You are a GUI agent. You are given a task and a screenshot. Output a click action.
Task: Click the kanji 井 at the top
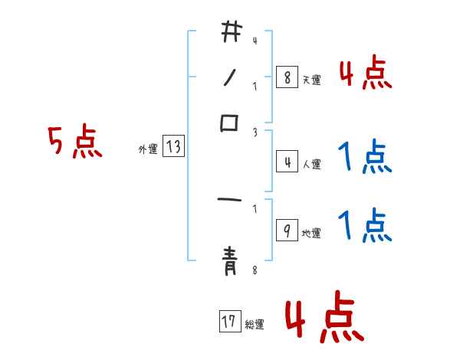pyautogui.click(x=231, y=32)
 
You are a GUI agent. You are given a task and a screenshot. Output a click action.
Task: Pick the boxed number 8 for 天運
pyautogui.click(x=287, y=77)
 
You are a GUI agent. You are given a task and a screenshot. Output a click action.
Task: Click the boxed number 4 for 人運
pyautogui.click(x=287, y=162)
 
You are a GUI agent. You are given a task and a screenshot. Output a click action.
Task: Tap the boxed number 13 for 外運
pyautogui.click(x=173, y=148)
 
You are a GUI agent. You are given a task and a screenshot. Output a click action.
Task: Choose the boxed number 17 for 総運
pyautogui.click(x=229, y=322)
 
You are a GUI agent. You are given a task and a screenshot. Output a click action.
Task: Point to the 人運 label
pyautogui.click(x=312, y=164)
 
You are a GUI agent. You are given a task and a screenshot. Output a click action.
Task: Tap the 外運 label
pyautogui.click(x=147, y=149)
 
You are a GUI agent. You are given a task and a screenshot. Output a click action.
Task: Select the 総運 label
pyautogui.click(x=255, y=324)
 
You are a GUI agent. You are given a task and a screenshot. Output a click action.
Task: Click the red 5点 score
pyautogui.click(x=74, y=143)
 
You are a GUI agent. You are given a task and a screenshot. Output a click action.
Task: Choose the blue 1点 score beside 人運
pyautogui.click(x=365, y=158)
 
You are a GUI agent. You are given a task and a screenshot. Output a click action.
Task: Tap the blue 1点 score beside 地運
pyautogui.click(x=365, y=226)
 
